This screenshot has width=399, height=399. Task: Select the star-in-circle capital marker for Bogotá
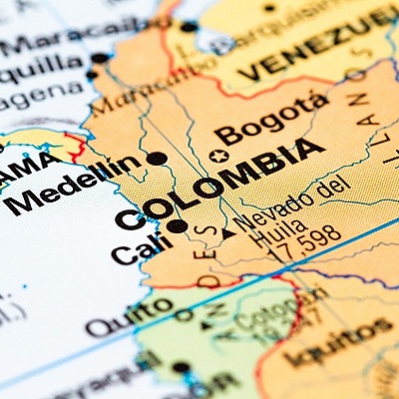point(218,157)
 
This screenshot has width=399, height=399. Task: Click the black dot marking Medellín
point(157,159)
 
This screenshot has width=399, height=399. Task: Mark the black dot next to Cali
point(177,225)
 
